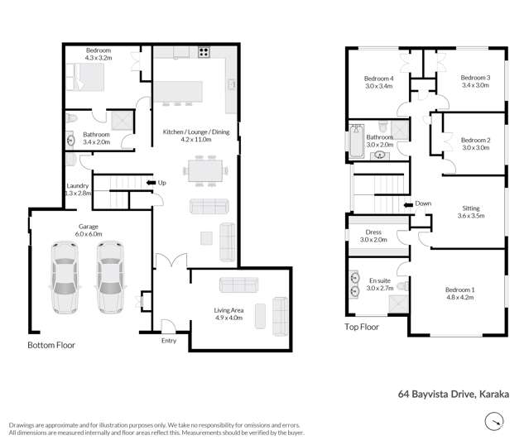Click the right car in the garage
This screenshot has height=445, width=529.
point(110,277)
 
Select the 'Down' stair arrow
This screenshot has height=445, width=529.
point(408,203)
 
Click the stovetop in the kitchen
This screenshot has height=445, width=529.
point(203,52)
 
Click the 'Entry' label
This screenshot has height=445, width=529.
point(169,339)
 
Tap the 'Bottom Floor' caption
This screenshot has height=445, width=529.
point(51,344)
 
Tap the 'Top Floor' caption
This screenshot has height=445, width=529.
point(362,327)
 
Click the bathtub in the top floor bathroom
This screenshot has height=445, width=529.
point(355,141)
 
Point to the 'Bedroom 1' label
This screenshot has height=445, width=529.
point(460,290)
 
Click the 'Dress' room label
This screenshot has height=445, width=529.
point(373,232)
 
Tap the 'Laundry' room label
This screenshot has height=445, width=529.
point(77,186)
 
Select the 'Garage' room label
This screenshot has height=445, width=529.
point(89,225)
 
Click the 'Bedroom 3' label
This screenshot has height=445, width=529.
point(475,78)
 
